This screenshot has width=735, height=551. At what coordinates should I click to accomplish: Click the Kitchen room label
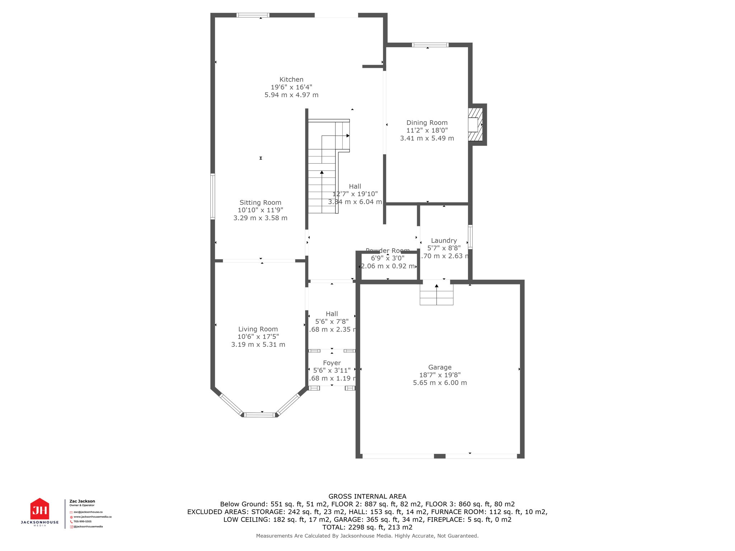pos(291,80)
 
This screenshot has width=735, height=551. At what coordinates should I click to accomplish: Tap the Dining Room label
pos(427,123)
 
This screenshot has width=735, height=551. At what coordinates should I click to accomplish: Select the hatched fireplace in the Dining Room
pos(475,124)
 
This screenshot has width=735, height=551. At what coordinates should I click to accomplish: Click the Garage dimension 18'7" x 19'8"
pos(440,375)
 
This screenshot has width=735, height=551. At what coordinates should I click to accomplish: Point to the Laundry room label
pos(444,241)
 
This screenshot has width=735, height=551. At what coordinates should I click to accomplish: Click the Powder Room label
pos(387,250)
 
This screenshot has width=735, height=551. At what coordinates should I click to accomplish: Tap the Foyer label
pos(332,363)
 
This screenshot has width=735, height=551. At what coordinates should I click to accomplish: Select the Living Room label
pos(258,329)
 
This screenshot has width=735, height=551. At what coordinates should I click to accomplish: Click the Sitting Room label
pos(260,203)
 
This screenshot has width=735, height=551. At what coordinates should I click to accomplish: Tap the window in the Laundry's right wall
pos(470,237)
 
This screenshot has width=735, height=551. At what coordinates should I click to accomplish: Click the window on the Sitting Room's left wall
pos(212,196)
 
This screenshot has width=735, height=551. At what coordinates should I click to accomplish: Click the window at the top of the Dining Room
pos(430,45)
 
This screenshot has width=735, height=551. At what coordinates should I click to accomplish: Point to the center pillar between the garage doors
pos(439,456)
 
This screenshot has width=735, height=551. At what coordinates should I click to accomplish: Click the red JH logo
pos(39,509)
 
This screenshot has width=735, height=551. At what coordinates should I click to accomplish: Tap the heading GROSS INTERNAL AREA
pos(367,496)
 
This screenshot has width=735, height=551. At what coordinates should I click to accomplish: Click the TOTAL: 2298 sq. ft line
pos(367,527)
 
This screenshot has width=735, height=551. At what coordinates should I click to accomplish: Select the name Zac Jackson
pos(82,501)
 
